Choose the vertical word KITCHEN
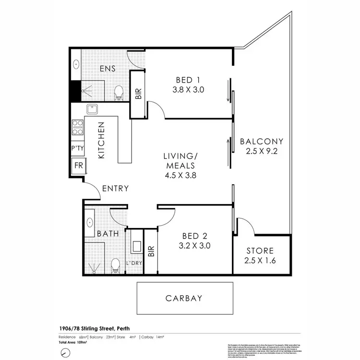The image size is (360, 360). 102,141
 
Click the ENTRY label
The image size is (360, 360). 115,189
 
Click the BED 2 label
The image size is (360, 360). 194,236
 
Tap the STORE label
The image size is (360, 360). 260,251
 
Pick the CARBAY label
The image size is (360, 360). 184,298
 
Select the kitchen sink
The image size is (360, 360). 92,110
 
